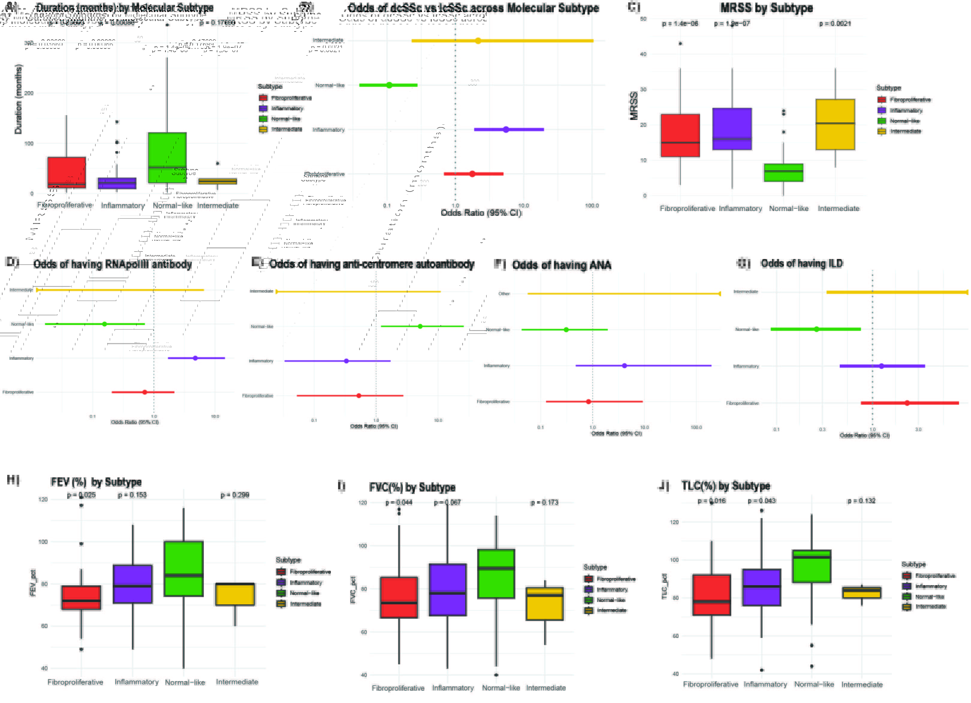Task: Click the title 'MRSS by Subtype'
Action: coord(766,8)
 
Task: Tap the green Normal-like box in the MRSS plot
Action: coord(783,173)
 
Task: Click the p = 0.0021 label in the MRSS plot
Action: coord(835,24)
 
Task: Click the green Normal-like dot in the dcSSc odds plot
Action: coord(389,85)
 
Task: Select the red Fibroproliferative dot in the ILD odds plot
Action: coord(907,403)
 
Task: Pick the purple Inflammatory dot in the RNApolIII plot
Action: coord(195,358)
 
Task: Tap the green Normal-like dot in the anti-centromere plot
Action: coord(420,326)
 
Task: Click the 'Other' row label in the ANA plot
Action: coord(504,294)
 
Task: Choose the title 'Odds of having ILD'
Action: coord(801,264)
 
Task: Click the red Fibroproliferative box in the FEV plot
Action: coord(81,597)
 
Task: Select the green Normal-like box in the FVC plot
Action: coord(496,574)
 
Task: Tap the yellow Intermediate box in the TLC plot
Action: coord(861,593)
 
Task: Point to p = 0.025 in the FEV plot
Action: coord(81,495)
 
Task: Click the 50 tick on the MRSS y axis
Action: coord(643,19)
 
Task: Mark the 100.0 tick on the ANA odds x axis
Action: coord(696,427)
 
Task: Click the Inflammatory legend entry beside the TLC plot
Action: coord(931,586)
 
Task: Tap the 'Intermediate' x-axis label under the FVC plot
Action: coord(546,688)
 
